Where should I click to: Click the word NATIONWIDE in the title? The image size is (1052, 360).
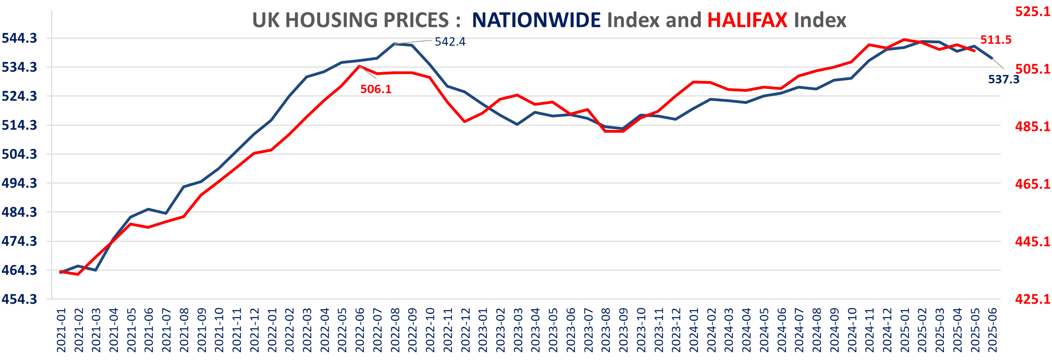pyautogui.click(x=536, y=20)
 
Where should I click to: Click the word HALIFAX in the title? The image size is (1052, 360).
pyautogui.click(x=747, y=20)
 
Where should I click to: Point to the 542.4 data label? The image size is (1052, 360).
pyautogui.click(x=450, y=42)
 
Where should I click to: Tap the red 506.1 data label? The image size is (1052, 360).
pyautogui.click(x=376, y=89)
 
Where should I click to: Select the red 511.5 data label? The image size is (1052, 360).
pyautogui.click(x=996, y=40)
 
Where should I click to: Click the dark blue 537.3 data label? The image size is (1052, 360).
pyautogui.click(x=1004, y=79)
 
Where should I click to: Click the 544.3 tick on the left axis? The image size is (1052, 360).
pyautogui.click(x=20, y=38)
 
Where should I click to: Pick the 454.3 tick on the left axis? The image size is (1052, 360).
pyautogui.click(x=20, y=299)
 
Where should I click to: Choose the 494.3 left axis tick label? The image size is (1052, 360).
pyautogui.click(x=20, y=183)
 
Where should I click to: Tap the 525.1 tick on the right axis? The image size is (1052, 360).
pyautogui.click(x=1033, y=11)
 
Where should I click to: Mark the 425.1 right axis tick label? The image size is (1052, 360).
pyautogui.click(x=1033, y=299)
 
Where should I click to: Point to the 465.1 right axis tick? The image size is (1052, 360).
pyautogui.click(x=1033, y=184)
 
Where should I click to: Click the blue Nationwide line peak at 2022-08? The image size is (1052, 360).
pyautogui.click(x=395, y=44)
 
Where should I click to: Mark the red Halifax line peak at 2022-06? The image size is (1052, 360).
pyautogui.click(x=359, y=66)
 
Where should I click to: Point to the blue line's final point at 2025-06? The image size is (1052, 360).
pyautogui.click(x=992, y=58)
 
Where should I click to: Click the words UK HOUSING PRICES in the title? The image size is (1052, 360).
pyautogui.click(x=350, y=20)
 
